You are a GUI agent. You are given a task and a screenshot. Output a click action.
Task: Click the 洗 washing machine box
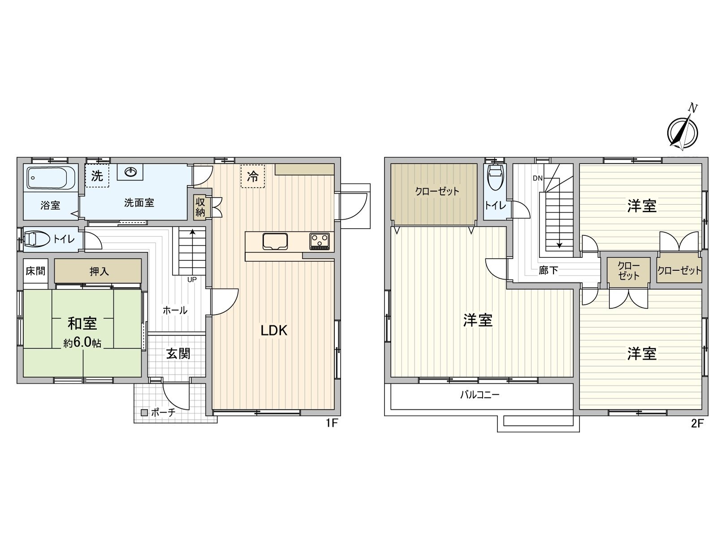[x=97, y=176]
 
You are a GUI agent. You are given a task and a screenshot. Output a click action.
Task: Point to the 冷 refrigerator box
[x=253, y=176]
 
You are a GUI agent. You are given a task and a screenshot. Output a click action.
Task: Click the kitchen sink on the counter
[x=275, y=242]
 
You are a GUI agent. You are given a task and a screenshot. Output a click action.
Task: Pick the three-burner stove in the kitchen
[x=319, y=242]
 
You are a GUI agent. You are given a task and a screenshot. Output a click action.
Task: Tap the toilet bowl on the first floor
[x=38, y=239]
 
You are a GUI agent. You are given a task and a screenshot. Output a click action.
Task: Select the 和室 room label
[x=82, y=323]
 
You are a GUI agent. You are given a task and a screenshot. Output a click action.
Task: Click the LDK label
[x=274, y=331]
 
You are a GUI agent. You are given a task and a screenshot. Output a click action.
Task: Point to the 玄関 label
[x=178, y=354]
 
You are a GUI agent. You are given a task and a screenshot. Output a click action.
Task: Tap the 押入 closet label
[x=99, y=271]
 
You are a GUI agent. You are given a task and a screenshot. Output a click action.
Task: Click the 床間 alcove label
[x=35, y=271]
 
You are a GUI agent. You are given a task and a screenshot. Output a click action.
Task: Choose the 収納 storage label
[x=200, y=207]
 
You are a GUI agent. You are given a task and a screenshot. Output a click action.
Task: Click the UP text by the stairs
[x=192, y=280]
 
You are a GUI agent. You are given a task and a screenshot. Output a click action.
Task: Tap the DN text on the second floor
[x=538, y=178]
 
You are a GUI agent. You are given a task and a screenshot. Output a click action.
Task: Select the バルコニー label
[x=479, y=395]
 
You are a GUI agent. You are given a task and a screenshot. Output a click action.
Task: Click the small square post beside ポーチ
[x=144, y=413]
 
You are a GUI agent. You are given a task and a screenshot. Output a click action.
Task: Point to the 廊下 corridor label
[x=548, y=270]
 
